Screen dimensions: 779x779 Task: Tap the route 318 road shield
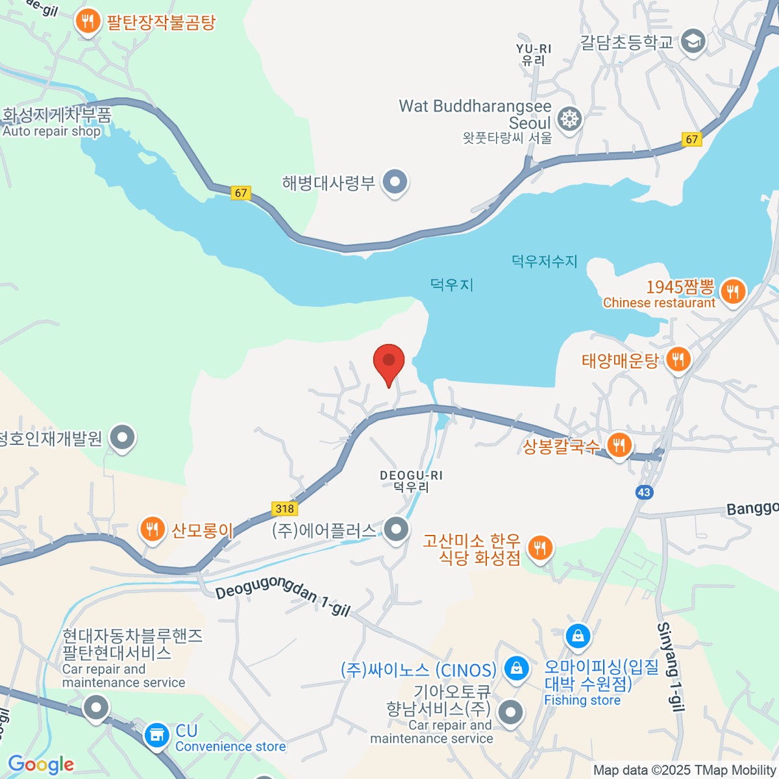click(x=284, y=509)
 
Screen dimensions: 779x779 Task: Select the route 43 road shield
click(x=643, y=492)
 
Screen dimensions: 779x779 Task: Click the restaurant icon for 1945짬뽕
click(x=732, y=291)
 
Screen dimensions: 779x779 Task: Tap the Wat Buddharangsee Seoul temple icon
click(x=569, y=119)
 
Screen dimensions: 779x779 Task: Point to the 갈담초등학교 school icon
click(x=693, y=42)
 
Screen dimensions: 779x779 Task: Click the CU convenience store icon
click(x=156, y=736)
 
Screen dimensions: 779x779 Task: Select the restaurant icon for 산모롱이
click(x=152, y=529)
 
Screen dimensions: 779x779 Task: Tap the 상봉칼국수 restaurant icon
click(x=619, y=445)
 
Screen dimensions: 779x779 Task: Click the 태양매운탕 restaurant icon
click(x=678, y=358)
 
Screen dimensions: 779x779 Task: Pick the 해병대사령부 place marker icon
click(x=395, y=182)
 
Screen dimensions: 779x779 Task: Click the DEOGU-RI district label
click(x=411, y=481)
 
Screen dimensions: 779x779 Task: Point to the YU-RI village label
click(x=534, y=55)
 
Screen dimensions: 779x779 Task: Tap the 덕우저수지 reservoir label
click(x=544, y=261)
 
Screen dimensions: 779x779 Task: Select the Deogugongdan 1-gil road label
click(x=282, y=595)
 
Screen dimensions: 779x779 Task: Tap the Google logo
click(x=41, y=765)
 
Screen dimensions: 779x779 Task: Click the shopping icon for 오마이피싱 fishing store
click(x=577, y=636)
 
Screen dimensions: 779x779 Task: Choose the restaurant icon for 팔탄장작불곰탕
click(x=87, y=21)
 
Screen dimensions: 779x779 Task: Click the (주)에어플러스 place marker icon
click(x=395, y=529)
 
